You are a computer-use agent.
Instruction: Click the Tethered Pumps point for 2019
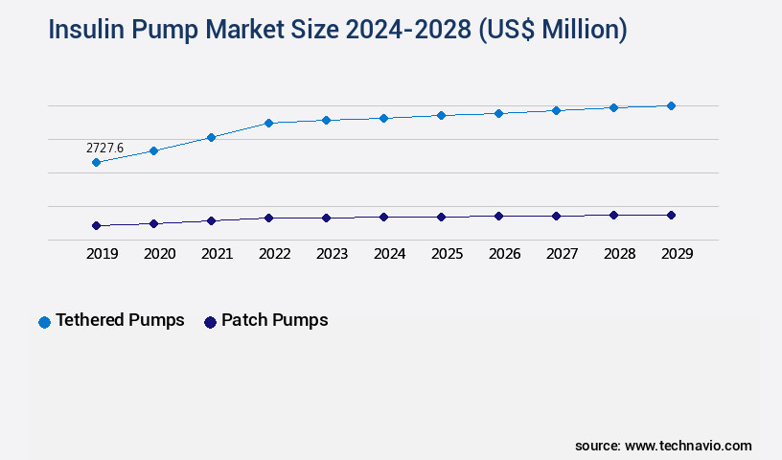pos(96,163)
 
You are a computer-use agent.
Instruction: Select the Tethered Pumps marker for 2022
pos(268,123)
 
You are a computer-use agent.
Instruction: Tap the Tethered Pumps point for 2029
pos(671,105)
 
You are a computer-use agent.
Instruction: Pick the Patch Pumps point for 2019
pos(96,226)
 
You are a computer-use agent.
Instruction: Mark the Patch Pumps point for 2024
pos(383,218)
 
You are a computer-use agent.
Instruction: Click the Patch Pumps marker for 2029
pos(671,215)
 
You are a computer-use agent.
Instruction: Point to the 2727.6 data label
pos(104,148)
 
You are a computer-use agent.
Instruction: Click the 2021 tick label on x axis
pos(217,254)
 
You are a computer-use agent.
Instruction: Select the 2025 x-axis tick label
pos(447,254)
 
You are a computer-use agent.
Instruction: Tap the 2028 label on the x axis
pos(619,254)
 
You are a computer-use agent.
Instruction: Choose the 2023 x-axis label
pos(332,254)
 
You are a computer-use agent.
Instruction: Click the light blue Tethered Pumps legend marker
pos(44,322)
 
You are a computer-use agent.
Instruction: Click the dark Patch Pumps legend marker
pos(210,322)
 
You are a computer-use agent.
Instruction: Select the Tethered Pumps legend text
pos(120,320)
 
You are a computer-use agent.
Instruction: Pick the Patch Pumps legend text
pos(274,320)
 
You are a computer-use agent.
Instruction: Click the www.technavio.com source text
pos(688,446)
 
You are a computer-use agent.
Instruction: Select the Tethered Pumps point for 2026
pos(498,113)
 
